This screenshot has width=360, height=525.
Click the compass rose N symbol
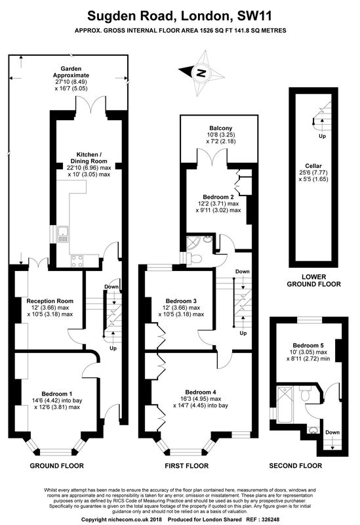[x=201, y=72]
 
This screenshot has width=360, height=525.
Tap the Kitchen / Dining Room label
[x=89, y=157]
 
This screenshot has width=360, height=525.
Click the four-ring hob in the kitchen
[x=77, y=261]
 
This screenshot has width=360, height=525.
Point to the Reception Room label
[x=50, y=301]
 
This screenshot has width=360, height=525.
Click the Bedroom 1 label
[x=57, y=394]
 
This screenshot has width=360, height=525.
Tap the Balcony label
[x=221, y=128]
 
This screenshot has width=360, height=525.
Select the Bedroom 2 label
[x=218, y=197]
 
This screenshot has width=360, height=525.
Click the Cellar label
[x=313, y=166]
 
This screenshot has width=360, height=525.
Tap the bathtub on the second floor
[x=285, y=404]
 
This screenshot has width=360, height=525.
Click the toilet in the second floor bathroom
[x=305, y=394]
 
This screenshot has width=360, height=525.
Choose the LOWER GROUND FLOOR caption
[x=314, y=281]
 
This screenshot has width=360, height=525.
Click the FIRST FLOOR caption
[x=187, y=466]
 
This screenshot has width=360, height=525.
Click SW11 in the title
[x=254, y=15]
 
